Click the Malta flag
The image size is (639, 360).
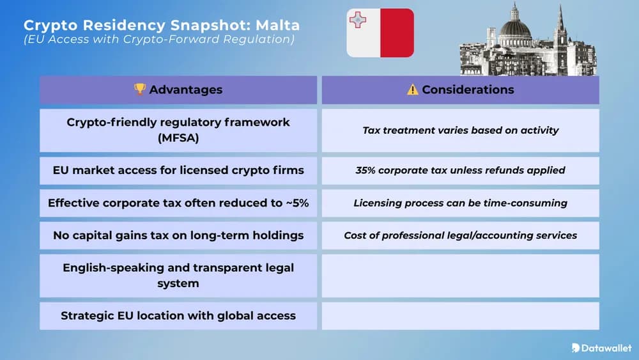click(380, 33)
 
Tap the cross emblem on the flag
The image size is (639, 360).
click(357, 20)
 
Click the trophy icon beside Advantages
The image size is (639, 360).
click(140, 90)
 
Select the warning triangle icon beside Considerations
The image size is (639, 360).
click(413, 90)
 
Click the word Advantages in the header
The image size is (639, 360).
click(185, 90)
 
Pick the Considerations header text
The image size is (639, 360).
click(468, 90)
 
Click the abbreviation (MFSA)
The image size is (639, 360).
click(178, 137)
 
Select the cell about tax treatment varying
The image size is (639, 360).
click(460, 130)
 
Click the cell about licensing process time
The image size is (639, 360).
click(460, 203)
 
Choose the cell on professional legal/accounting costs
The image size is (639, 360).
click(460, 235)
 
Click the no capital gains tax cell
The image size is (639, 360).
click(178, 235)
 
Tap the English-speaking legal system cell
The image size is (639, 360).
click(178, 275)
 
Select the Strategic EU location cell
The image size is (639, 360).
click(178, 315)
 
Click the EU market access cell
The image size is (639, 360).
click(178, 171)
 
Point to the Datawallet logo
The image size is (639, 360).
click(601, 348)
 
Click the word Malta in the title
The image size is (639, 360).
click(277, 25)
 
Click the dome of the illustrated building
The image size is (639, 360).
click(514, 29)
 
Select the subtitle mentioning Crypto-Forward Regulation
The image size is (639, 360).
click(159, 40)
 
